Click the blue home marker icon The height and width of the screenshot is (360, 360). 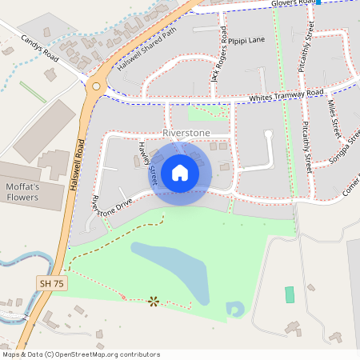point(180,172)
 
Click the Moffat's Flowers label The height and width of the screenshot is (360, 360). point(29,192)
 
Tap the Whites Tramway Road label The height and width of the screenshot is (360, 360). point(286,94)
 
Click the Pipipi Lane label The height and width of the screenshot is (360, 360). point(246,39)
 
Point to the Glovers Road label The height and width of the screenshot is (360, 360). point(293,3)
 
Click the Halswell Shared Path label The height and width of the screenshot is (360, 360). point(146,50)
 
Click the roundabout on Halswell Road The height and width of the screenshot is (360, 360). point(96,86)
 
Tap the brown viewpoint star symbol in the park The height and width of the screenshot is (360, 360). point(153,301)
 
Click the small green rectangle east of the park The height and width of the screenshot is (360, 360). point(290,294)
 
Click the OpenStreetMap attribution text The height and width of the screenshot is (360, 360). point(80,354)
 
